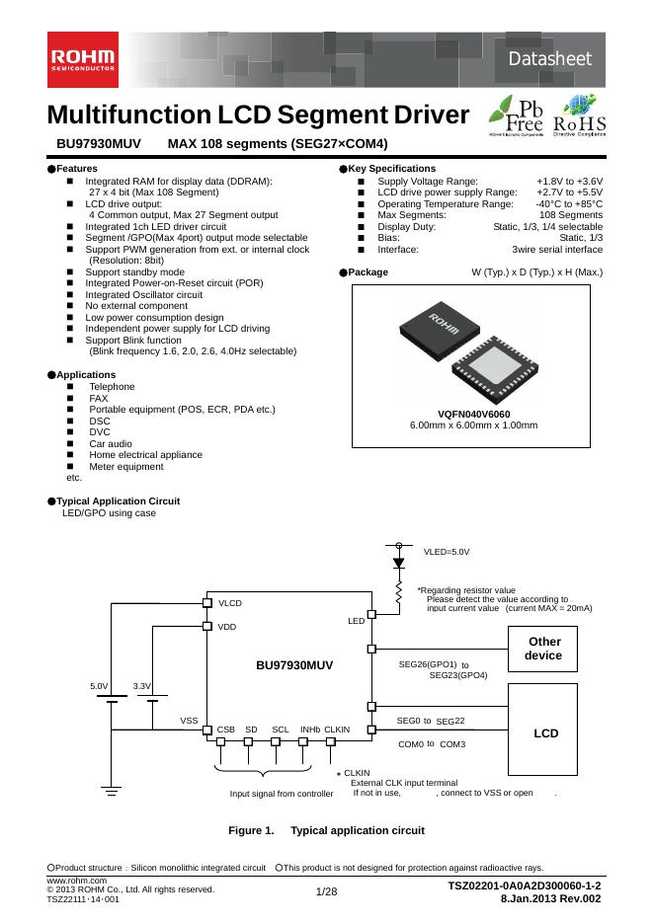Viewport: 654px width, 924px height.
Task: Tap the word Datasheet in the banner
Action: point(550,60)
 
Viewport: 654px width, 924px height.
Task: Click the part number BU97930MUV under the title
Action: point(99,144)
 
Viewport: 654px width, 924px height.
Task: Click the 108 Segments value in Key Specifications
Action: point(571,214)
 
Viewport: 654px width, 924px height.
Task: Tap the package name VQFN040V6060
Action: point(473,414)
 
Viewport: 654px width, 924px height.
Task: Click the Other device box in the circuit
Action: point(543,649)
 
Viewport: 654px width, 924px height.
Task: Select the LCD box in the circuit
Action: point(545,733)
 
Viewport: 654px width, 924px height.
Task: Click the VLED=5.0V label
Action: point(447,552)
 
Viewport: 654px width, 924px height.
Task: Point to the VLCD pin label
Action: point(230,602)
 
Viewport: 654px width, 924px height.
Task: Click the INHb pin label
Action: point(310,730)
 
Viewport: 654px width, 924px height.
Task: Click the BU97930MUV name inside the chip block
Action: point(294,665)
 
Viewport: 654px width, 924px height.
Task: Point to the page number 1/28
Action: point(326,892)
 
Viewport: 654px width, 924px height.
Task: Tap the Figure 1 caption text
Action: point(326,830)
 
